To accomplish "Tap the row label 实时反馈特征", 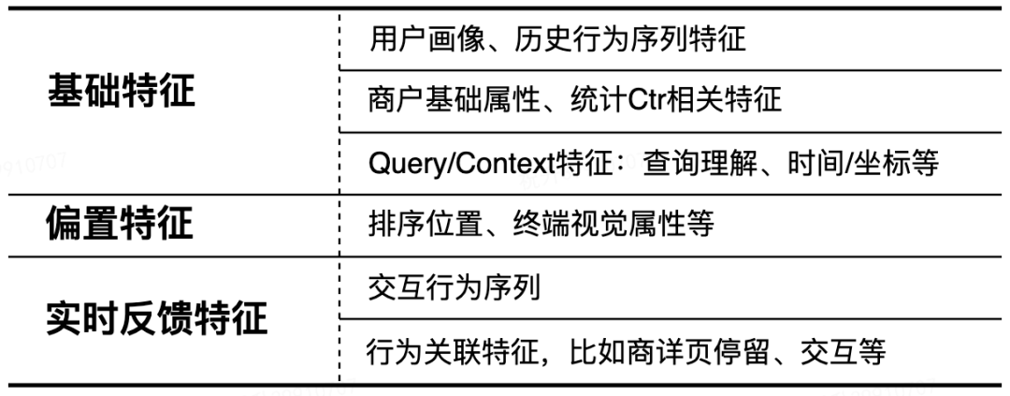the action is pos(157,319).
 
